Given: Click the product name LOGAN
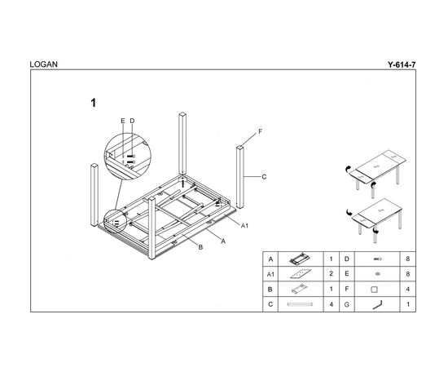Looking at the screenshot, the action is pyautogui.click(x=43, y=64).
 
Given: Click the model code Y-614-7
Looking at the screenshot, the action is pyautogui.click(x=402, y=64).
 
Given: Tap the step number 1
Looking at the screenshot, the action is pyautogui.click(x=94, y=103).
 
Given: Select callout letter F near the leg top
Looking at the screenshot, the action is pyautogui.click(x=260, y=131).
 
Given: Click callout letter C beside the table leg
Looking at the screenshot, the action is pyautogui.click(x=264, y=177).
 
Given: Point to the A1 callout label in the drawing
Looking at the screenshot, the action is pyautogui.click(x=244, y=226).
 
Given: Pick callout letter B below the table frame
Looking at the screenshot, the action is pyautogui.click(x=200, y=247).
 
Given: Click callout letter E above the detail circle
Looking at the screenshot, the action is pyautogui.click(x=123, y=121).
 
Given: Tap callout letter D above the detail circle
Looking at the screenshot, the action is pyautogui.click(x=132, y=121).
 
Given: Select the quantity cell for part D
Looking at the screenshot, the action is pyautogui.click(x=408, y=259).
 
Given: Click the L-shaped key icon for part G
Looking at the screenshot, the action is pyautogui.click(x=377, y=305).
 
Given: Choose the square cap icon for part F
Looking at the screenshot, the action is pyautogui.click(x=374, y=290).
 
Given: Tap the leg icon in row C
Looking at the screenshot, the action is pyautogui.click(x=300, y=304).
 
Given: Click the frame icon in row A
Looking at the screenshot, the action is pyautogui.click(x=300, y=259).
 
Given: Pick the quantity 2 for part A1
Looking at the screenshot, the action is pyautogui.click(x=331, y=274).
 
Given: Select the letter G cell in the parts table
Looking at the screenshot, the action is pyautogui.click(x=346, y=304).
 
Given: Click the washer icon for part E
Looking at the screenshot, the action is pyautogui.click(x=378, y=274).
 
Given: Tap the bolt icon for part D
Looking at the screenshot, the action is pyautogui.click(x=377, y=259).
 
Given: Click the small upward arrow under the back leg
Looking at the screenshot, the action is pyautogui.click(x=182, y=183).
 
